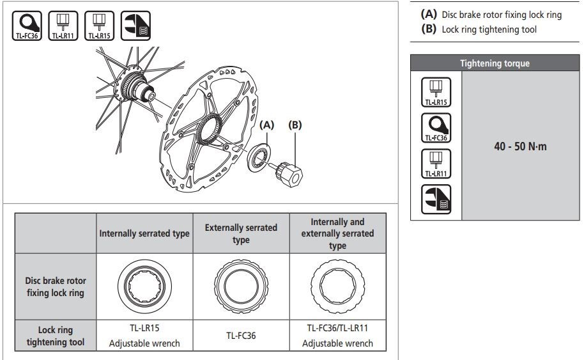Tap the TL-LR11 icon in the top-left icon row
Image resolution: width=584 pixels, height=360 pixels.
pyautogui.click(x=63, y=26)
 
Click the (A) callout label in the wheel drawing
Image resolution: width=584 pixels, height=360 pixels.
pyautogui.click(x=267, y=125)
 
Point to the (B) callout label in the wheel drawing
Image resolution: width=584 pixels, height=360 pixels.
pyautogui.click(x=295, y=125)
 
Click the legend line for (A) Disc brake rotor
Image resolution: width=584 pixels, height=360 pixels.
pyautogui.click(x=490, y=14)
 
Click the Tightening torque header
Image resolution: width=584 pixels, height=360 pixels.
pyautogui.click(x=495, y=63)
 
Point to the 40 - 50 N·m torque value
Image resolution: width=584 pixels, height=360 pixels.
pyautogui.click(x=521, y=146)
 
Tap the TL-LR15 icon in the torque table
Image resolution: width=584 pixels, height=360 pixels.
pyautogui.click(x=436, y=91)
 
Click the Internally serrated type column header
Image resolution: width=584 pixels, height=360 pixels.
pyautogui.click(x=144, y=233)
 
